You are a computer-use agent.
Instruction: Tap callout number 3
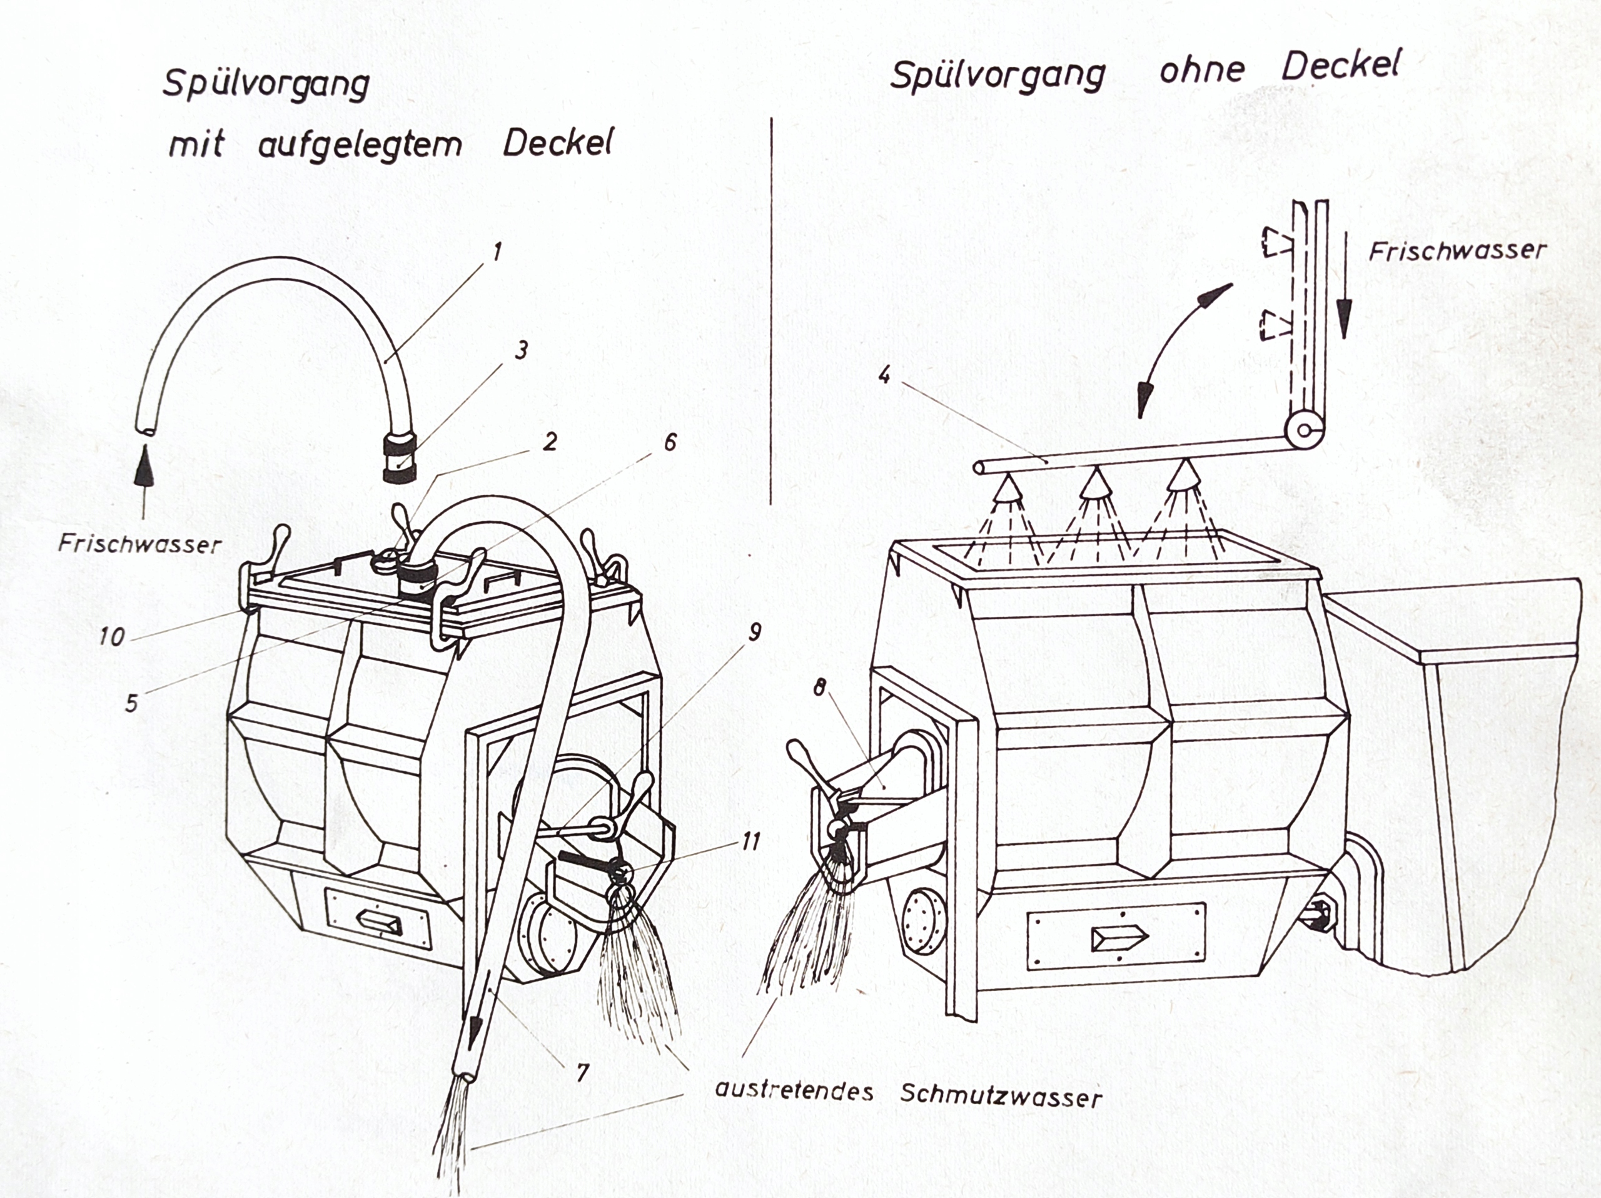click(520, 351)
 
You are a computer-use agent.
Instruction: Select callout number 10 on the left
click(112, 636)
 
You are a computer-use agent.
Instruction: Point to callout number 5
click(131, 702)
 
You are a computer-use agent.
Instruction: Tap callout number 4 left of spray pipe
click(883, 376)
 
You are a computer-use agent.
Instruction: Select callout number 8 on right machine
click(819, 687)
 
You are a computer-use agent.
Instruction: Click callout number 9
click(755, 632)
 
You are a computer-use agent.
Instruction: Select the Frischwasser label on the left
click(139, 544)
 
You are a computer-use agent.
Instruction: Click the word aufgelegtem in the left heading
click(360, 145)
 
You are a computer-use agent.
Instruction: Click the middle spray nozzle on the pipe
click(1096, 484)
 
